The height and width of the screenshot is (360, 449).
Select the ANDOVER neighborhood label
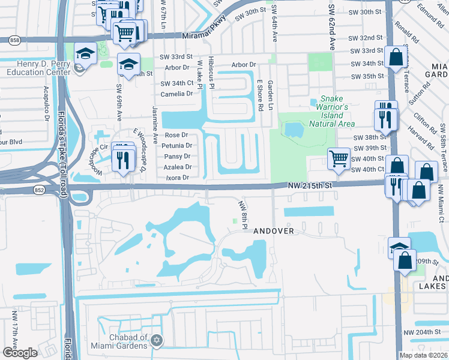point(273,231)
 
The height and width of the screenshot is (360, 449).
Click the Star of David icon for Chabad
point(157,341)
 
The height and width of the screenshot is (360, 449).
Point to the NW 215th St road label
point(309,187)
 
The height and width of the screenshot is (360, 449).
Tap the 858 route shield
point(14,39)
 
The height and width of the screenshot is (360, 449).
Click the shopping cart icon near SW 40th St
point(339,159)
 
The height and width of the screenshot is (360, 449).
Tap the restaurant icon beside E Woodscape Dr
point(124,159)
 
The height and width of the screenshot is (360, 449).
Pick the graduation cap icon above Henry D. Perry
point(85,53)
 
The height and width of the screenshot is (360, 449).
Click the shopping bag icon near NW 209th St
point(405,260)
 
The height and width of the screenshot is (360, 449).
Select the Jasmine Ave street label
point(155,129)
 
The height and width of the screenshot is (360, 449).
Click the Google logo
point(20,353)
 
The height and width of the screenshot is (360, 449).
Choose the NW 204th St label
point(426,332)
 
